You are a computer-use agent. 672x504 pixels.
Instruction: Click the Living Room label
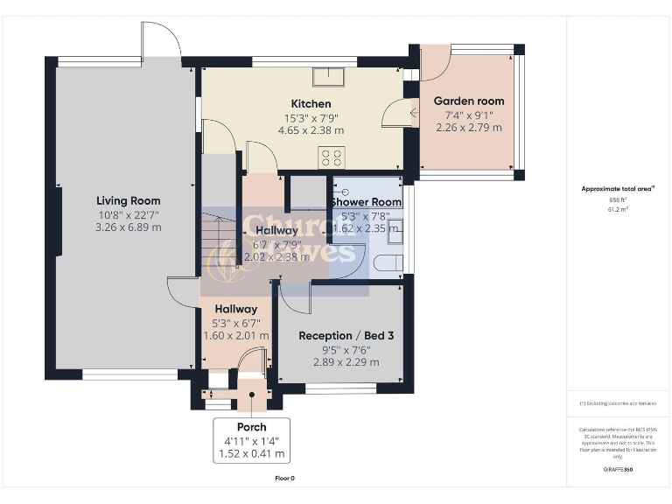128,200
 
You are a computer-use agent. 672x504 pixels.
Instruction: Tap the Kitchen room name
311,104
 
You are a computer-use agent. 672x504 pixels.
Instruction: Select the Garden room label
469,101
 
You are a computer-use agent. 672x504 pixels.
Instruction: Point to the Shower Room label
366,202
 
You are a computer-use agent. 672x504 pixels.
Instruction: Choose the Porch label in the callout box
252,427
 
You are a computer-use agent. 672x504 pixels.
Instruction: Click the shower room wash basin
394,232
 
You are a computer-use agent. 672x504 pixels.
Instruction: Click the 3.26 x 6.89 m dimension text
128,227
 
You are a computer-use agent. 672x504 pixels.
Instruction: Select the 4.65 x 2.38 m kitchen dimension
311,130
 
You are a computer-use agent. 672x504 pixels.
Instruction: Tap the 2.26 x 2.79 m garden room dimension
469,127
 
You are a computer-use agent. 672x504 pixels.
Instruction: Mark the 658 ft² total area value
619,199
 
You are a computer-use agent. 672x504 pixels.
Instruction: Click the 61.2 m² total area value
619,210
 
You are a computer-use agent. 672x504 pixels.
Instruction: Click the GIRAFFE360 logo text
619,470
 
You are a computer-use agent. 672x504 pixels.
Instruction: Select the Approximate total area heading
618,188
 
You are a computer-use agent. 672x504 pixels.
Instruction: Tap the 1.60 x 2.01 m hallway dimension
235,335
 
